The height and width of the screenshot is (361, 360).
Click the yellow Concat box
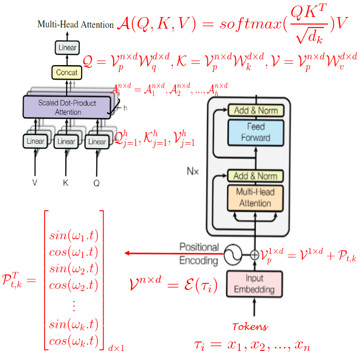67,73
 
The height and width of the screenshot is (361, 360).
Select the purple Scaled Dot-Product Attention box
67,107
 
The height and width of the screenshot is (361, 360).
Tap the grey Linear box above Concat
67,48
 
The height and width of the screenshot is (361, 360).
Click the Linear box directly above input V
35,142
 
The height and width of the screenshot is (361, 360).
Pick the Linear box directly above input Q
97,142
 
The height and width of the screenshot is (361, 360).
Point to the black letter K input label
66,183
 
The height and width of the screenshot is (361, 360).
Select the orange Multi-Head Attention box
255,198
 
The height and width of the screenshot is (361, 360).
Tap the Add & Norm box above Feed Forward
255,110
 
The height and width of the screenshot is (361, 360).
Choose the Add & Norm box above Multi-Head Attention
255,176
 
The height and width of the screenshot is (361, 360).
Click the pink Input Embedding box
254,283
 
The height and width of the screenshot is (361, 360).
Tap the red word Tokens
250,327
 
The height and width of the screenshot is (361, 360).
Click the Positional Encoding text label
199,254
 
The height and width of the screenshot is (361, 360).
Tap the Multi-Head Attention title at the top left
76,25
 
